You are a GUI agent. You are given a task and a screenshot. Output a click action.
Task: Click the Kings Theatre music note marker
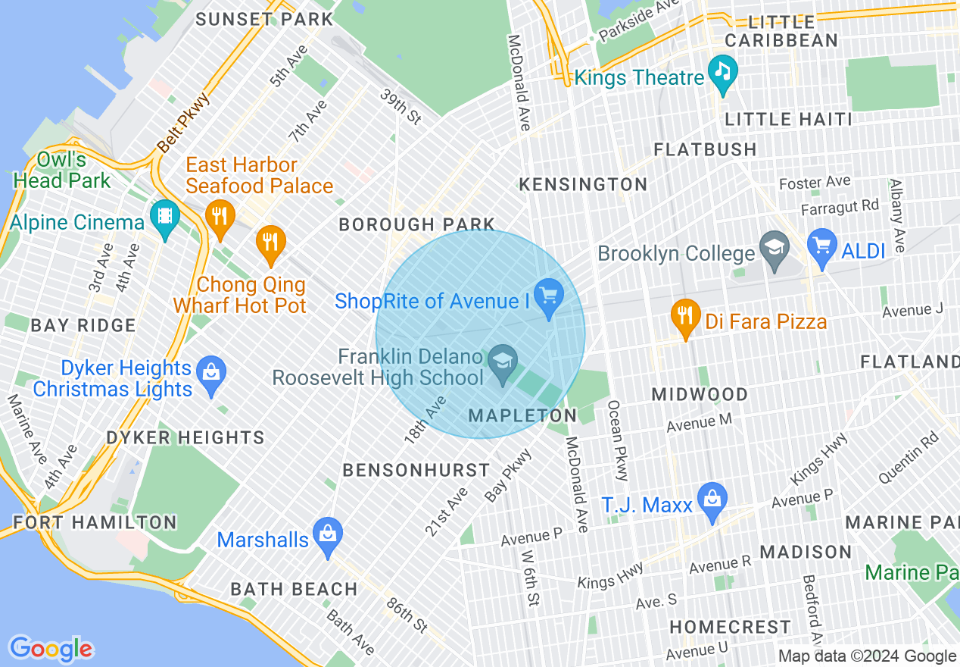[x=723, y=73]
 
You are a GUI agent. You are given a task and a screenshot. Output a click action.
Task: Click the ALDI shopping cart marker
[x=822, y=247]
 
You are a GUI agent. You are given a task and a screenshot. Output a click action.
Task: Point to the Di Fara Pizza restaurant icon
[x=685, y=318]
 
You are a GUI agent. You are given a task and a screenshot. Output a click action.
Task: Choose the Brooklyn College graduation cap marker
[x=775, y=249]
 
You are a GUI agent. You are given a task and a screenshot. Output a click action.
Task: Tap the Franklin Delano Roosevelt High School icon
[x=500, y=362]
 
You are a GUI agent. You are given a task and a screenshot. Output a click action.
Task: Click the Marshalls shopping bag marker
[x=328, y=535]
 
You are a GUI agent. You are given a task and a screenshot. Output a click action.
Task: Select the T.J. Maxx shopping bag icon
[x=712, y=500]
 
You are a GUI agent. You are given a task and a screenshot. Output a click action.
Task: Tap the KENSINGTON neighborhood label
[x=583, y=184]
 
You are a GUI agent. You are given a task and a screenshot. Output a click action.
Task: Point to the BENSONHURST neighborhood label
[x=416, y=470]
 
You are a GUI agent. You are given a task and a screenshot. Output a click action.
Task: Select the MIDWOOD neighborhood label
[x=700, y=394]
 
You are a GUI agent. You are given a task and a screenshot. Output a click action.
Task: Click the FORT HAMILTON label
[x=95, y=522]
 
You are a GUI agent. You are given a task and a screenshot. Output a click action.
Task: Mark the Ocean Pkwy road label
[x=618, y=440]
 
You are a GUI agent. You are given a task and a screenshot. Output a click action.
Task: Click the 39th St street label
[x=400, y=106]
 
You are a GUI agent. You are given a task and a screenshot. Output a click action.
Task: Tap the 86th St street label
[x=407, y=615]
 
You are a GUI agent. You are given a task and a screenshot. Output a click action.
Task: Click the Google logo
[x=51, y=649]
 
